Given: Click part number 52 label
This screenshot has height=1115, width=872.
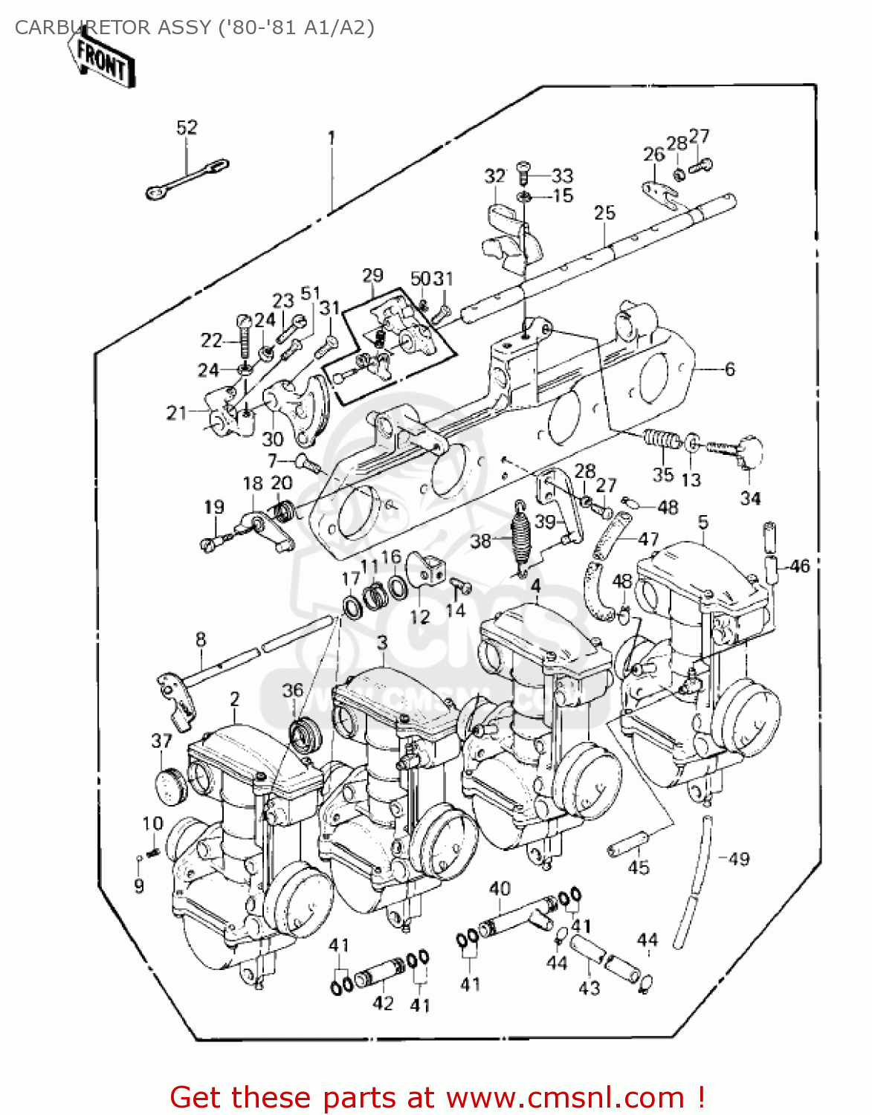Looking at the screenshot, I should coord(187,127).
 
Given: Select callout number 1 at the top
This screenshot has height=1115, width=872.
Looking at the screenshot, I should coord(331,138).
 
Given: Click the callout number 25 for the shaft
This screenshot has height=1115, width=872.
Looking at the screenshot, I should coord(604,213).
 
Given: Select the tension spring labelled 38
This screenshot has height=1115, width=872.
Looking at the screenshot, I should coord(521,535).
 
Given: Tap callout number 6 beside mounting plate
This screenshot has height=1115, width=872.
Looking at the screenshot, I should coord(729,369).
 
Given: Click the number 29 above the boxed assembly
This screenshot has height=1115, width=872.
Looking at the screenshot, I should coord(372,276).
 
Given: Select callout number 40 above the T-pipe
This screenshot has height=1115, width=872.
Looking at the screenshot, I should coord(500,888).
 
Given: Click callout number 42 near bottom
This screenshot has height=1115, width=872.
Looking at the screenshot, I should coord(382,1003).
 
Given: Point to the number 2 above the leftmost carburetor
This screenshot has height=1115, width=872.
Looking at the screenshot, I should coord(235,699).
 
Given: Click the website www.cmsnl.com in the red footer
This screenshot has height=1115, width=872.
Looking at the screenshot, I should coord(565,1097).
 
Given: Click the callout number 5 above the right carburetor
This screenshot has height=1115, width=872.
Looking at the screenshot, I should coord(703,522).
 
